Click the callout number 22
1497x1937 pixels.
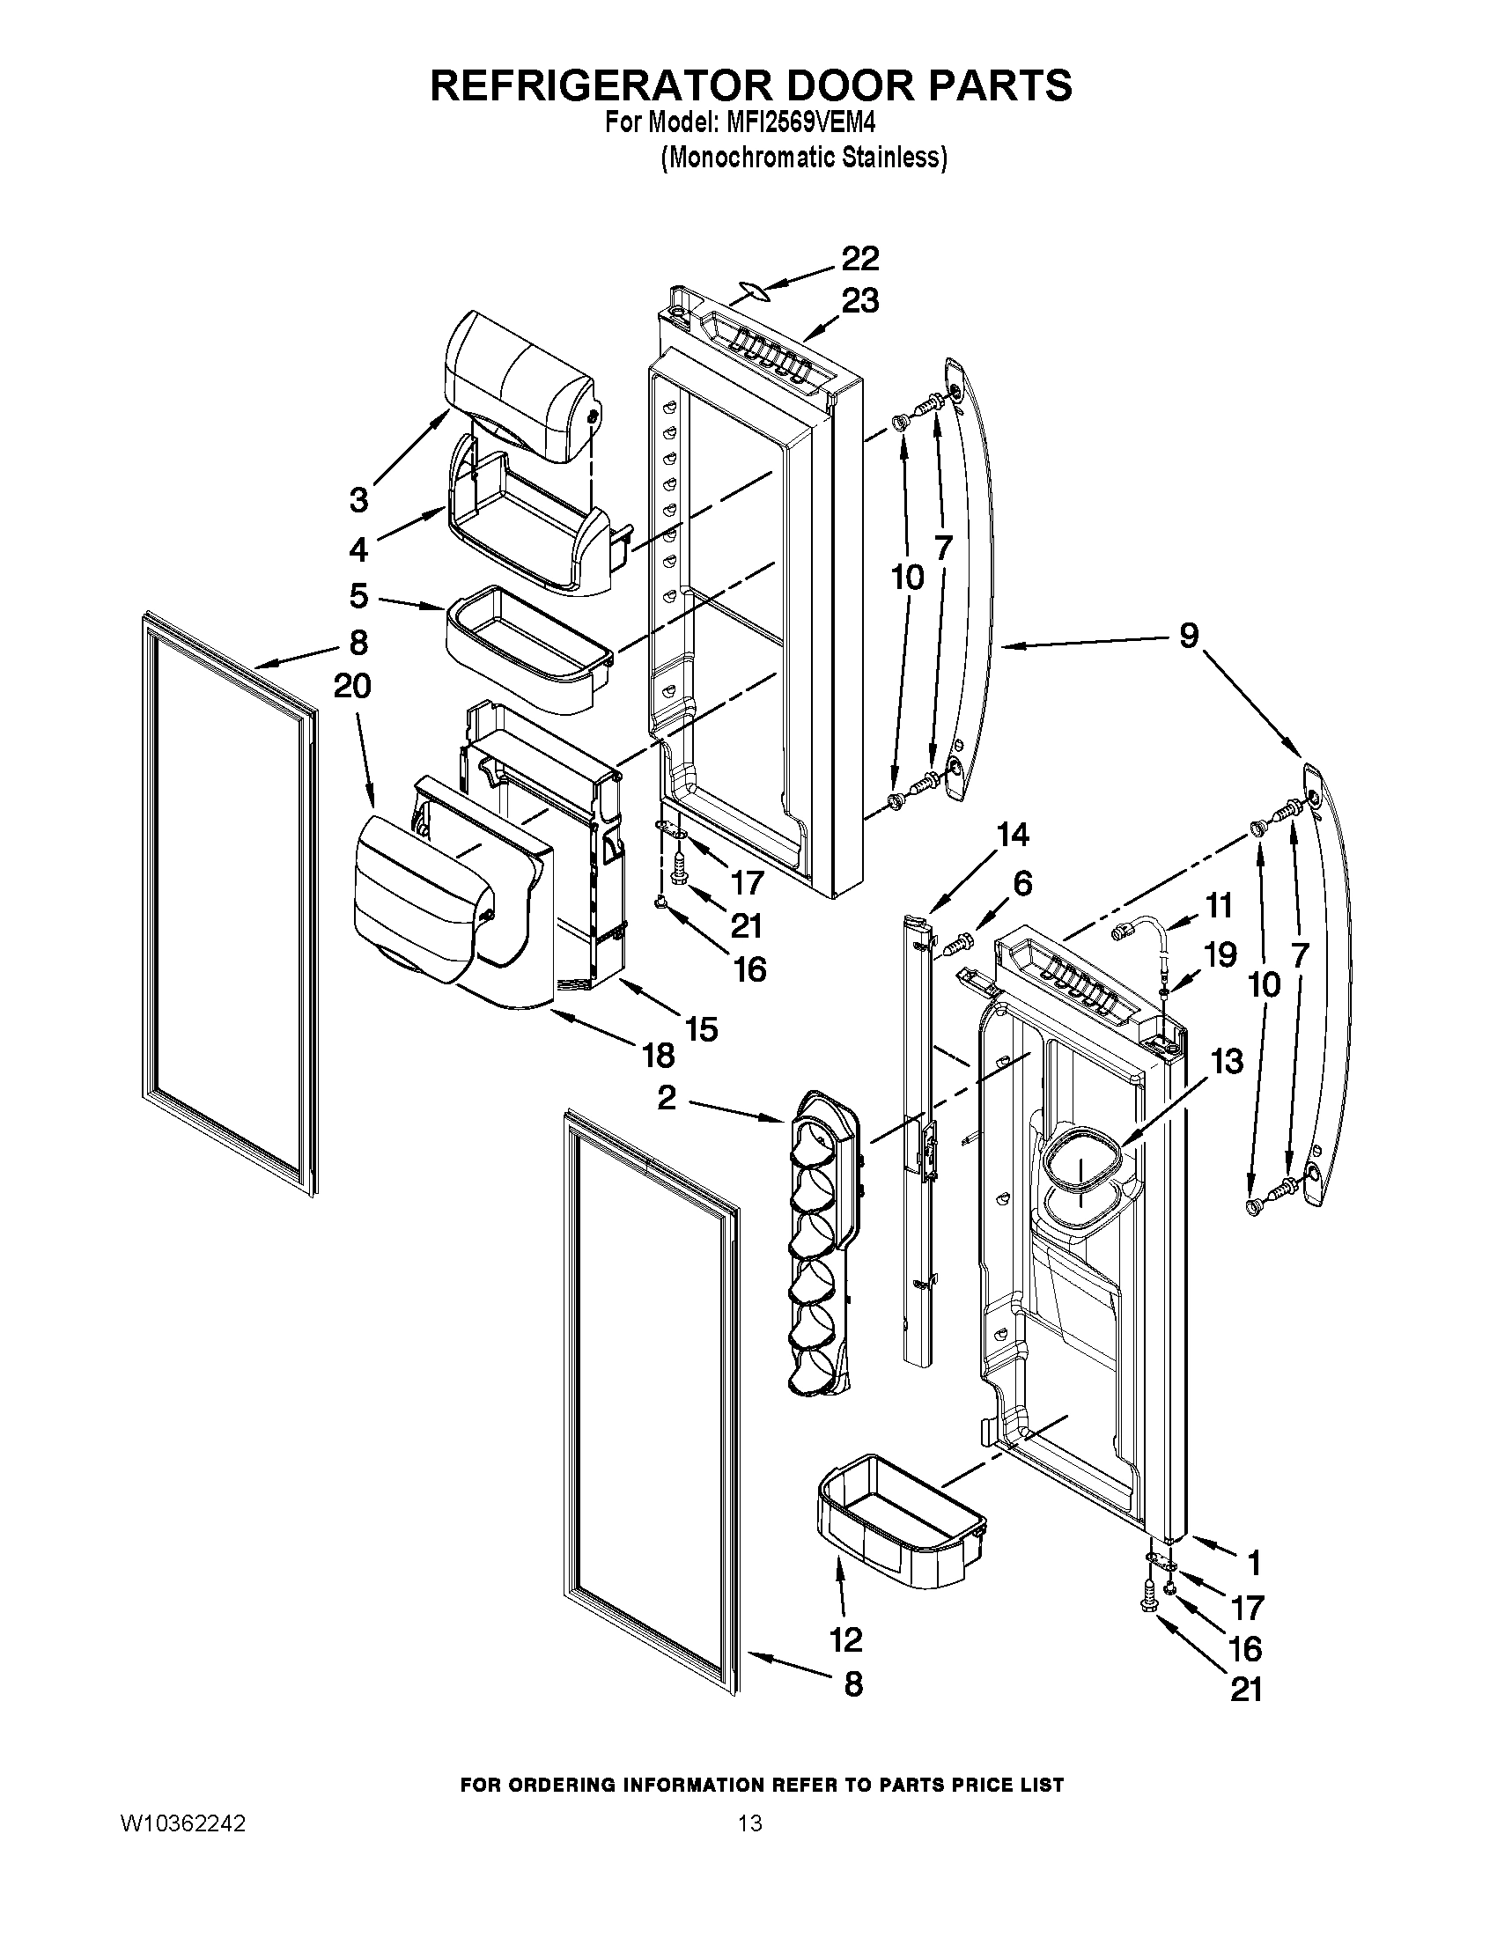[859, 259]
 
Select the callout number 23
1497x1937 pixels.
[859, 301]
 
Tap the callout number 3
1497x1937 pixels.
[358, 501]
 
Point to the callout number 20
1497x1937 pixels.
[351, 687]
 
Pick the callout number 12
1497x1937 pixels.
[846, 1640]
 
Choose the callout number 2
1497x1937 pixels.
[667, 1099]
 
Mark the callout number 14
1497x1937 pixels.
[1013, 835]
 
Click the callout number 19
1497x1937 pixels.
[1220, 955]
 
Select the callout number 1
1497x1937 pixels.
[1253, 1562]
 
